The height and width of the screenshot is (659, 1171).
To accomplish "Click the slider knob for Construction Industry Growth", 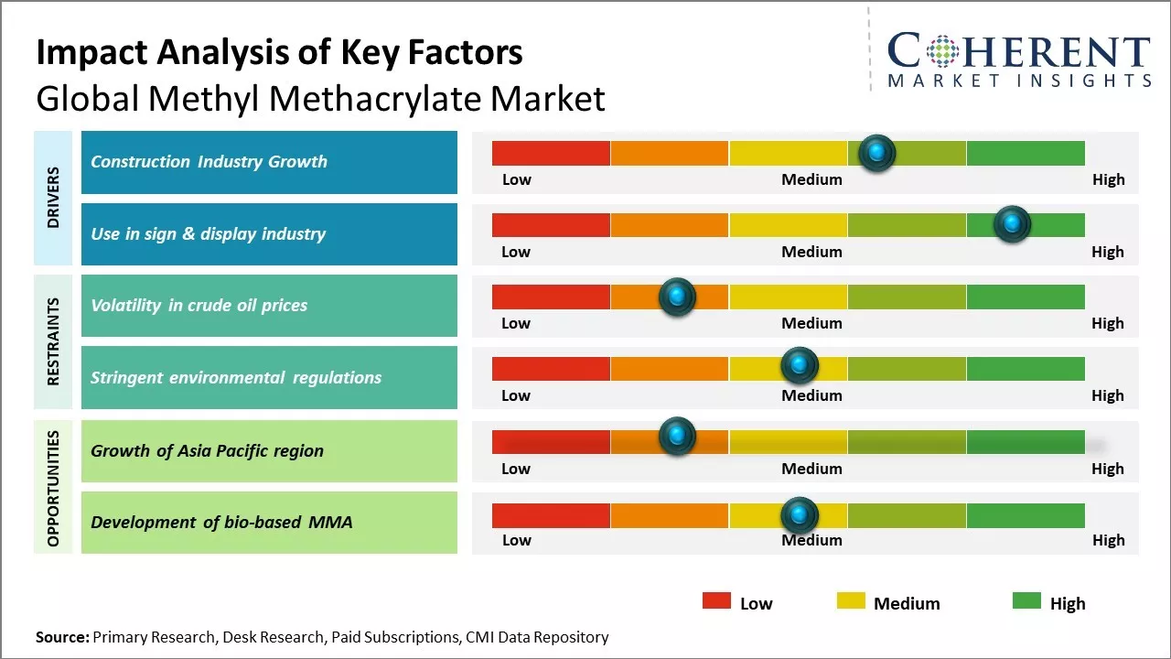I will tap(877, 153).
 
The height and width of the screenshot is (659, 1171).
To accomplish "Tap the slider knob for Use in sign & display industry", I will tap(1012, 224).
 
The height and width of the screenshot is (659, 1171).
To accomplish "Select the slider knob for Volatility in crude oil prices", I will tap(677, 297).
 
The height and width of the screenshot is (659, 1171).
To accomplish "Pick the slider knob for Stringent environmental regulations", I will tap(800, 366).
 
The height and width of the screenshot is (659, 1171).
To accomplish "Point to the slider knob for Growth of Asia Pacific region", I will tap(677, 437).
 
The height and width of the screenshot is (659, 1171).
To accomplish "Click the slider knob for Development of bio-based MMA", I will tap(800, 515).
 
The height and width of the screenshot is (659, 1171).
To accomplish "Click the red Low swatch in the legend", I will tap(716, 600).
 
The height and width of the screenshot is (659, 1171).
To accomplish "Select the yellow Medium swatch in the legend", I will tap(851, 600).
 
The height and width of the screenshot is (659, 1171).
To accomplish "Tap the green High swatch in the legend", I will tap(1026, 600).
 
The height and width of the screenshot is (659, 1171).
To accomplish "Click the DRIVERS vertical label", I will tap(52, 198).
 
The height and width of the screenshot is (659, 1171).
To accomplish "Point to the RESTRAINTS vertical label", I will tap(52, 341).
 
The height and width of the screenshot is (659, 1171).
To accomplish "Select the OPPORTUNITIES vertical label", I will tap(52, 488).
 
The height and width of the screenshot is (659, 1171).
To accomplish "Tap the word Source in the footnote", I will tap(61, 637).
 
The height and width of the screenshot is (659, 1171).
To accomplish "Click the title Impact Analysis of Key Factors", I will tap(279, 52).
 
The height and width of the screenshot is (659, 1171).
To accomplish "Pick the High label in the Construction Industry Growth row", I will tap(1108, 179).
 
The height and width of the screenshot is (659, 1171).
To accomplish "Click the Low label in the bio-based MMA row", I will tap(516, 540).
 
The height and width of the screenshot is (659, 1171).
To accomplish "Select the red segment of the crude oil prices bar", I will tap(551, 297).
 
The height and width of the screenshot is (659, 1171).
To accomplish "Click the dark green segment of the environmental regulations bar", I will tap(1026, 368).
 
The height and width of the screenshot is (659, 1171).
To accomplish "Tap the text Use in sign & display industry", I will tap(208, 234).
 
